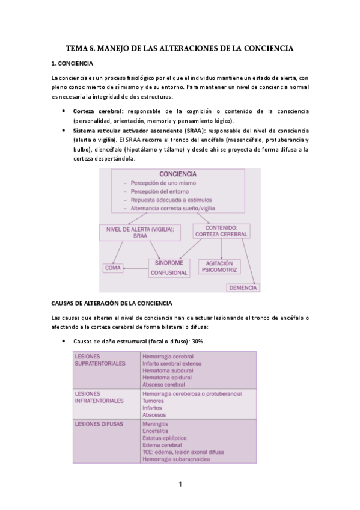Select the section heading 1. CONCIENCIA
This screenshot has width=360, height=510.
point(72,64)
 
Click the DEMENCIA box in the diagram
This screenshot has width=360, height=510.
point(243,287)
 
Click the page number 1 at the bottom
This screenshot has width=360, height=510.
point(180,483)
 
